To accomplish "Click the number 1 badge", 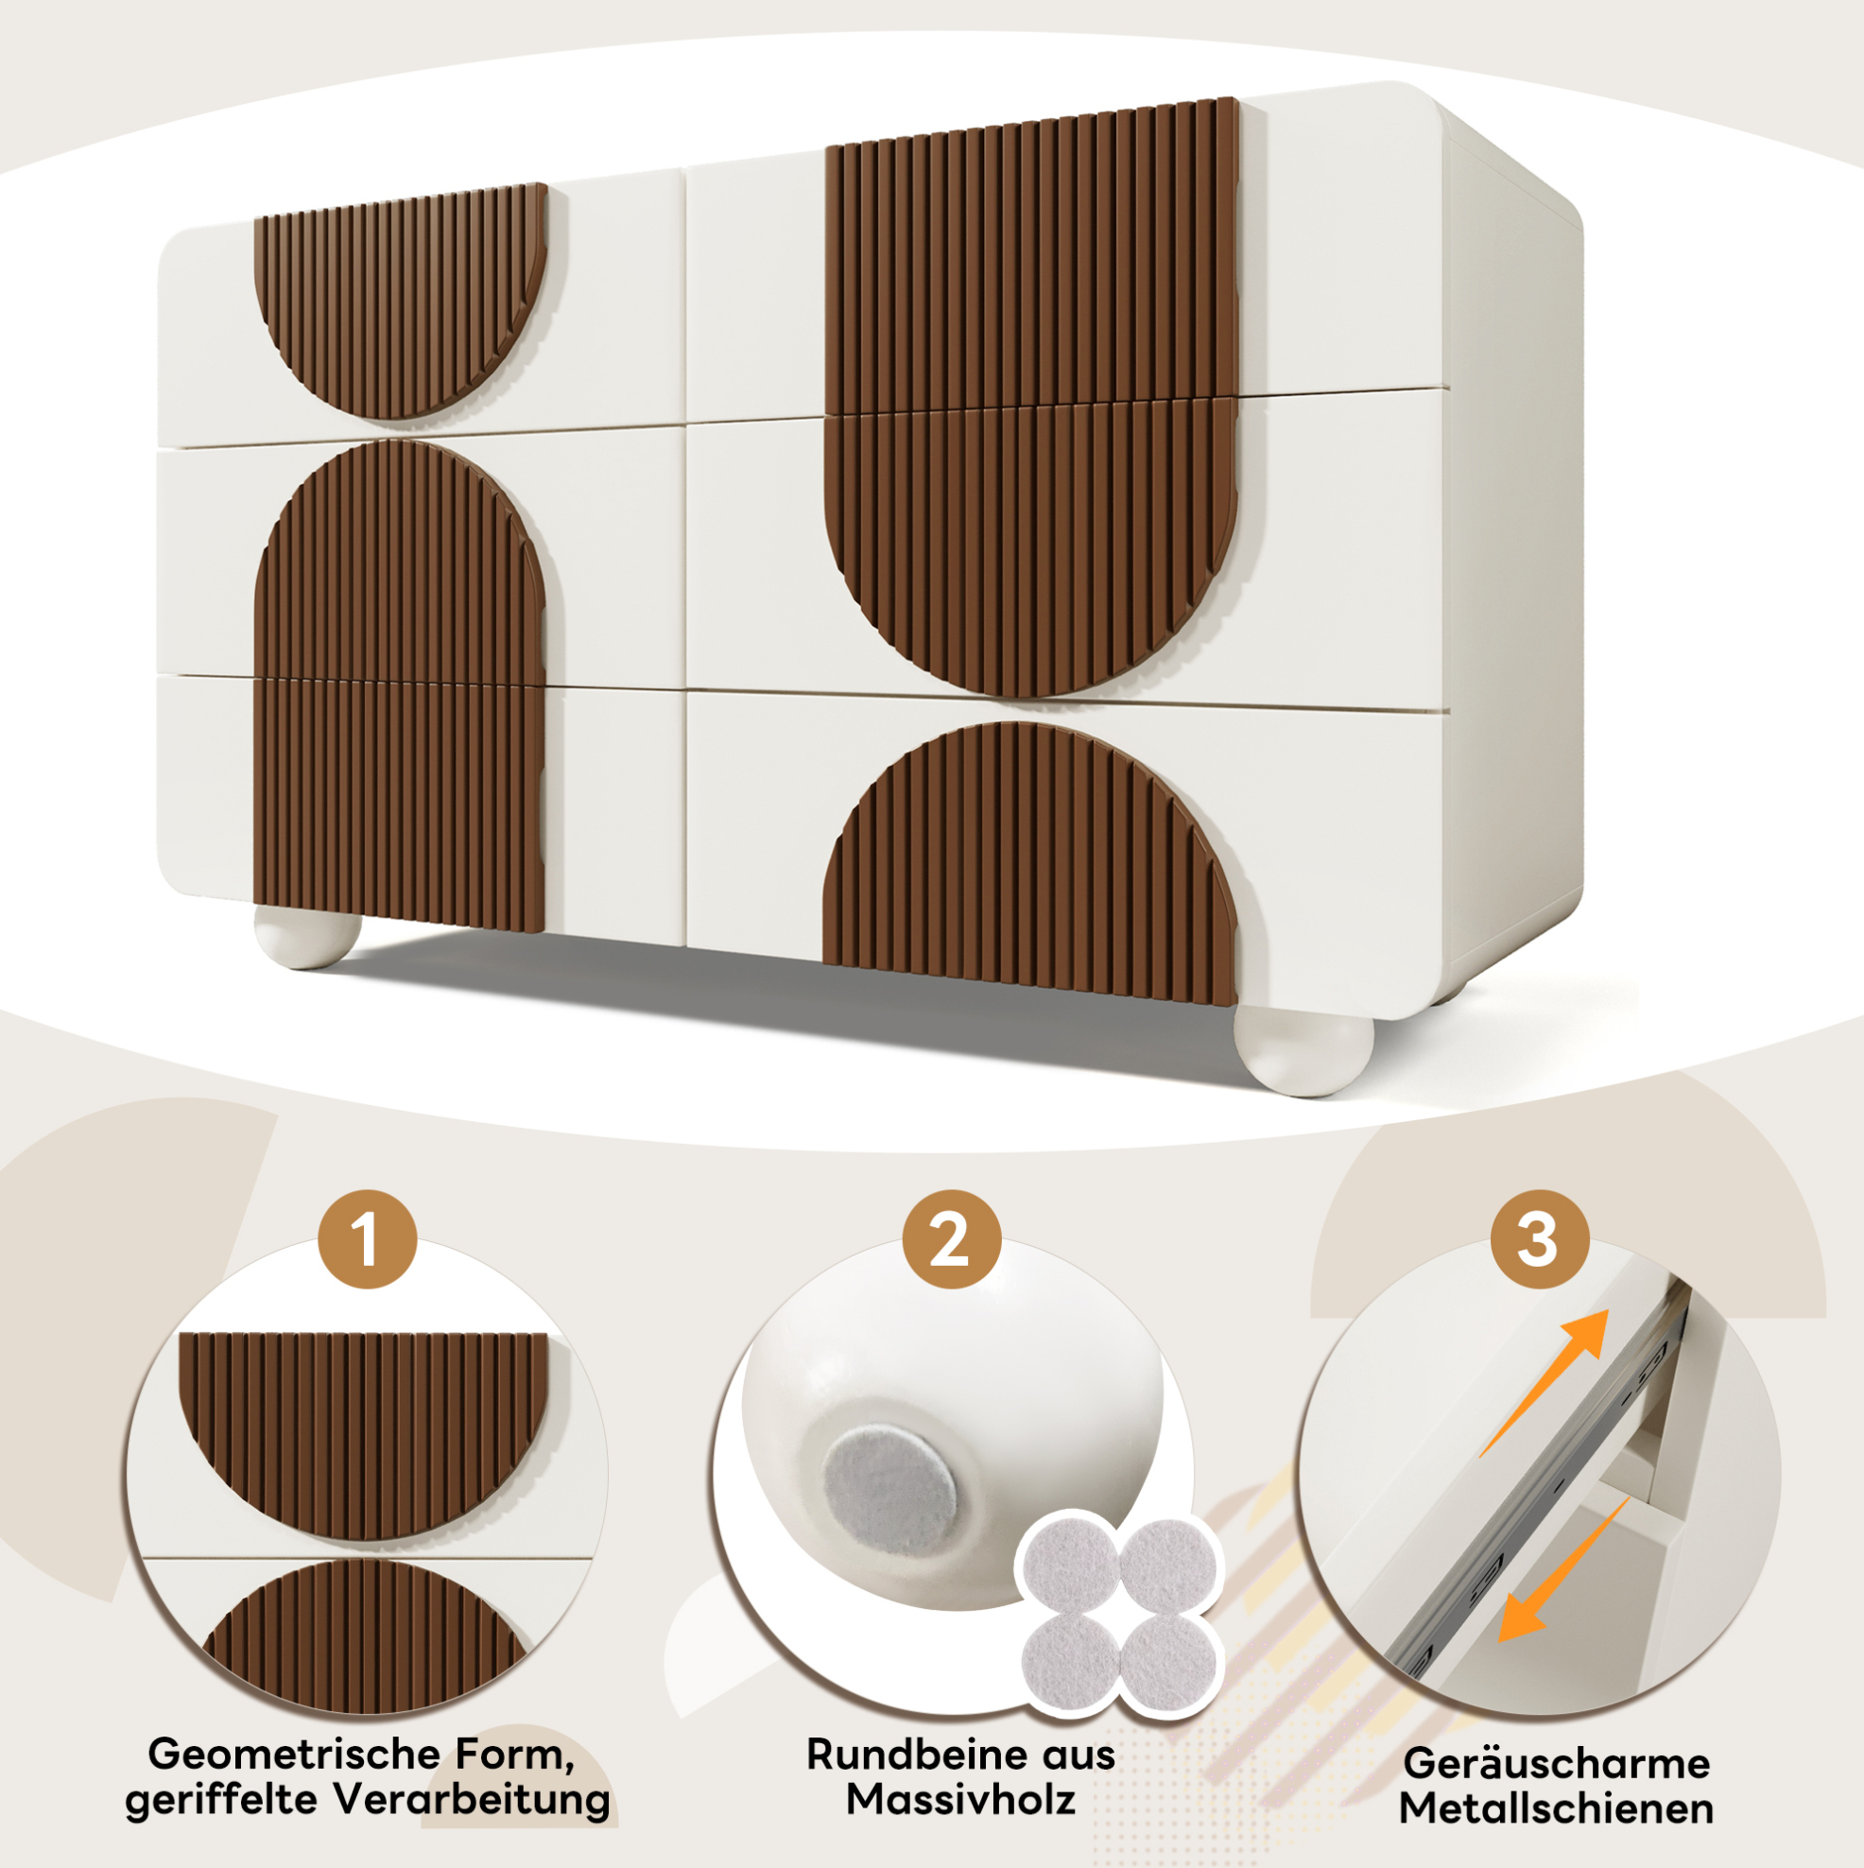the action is [368, 1238].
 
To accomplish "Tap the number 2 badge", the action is [951, 1238].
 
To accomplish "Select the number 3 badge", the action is [1539, 1238].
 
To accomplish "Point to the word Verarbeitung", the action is [473, 1800].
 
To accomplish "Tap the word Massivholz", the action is [960, 1799].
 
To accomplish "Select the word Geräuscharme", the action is [1557, 1765].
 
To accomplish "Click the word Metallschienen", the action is [1557, 1808].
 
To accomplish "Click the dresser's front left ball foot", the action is [306, 936].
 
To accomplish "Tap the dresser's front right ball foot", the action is [1303, 1050].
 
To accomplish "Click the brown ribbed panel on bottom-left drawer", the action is [398, 804].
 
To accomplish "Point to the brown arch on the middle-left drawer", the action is [399, 561].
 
